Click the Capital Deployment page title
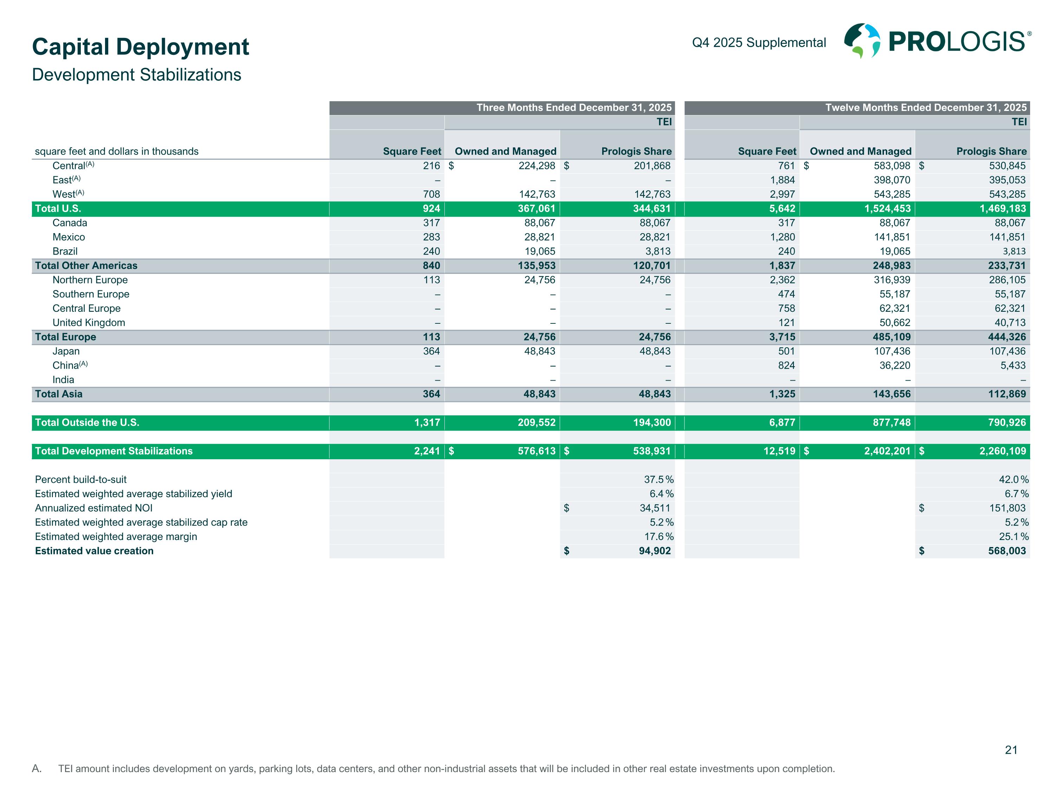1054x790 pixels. click(141, 47)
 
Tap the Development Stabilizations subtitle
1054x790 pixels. click(136, 75)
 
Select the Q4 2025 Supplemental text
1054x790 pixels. click(759, 42)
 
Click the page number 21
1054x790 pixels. click(1011, 750)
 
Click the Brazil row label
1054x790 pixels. click(65, 251)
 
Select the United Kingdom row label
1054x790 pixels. click(89, 323)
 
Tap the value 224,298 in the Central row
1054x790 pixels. click(536, 166)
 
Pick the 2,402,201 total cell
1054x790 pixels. click(887, 451)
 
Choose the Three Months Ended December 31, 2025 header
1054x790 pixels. click(574, 108)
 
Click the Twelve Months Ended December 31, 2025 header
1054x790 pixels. click(926, 108)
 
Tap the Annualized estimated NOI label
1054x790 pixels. click(94, 508)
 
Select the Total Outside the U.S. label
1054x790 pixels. click(87, 422)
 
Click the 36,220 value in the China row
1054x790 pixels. click(894, 366)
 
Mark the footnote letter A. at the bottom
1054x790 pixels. click(37, 769)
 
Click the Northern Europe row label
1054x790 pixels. click(90, 280)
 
